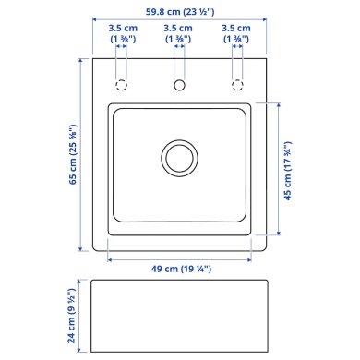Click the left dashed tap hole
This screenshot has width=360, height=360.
click(x=120, y=85)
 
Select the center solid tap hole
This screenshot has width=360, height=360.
click(x=178, y=85)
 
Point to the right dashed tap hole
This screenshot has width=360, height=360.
click(x=237, y=85)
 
